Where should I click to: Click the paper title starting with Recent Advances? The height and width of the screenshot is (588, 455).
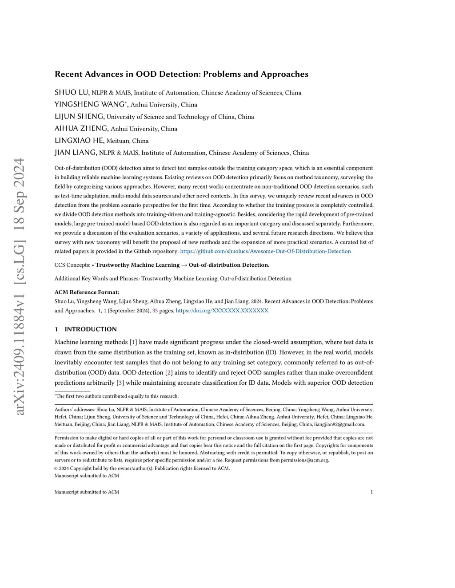(181, 74)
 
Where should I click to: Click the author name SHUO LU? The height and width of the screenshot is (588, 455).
(72, 92)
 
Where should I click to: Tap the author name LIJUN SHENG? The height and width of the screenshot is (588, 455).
(79, 116)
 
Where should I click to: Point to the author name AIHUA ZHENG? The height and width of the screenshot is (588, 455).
(81, 128)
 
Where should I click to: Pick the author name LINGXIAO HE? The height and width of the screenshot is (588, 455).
(79, 140)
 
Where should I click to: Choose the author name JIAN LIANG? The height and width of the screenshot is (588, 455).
(76, 152)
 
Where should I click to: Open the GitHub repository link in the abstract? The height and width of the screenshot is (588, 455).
(265, 251)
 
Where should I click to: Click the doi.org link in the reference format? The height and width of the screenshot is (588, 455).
(222, 311)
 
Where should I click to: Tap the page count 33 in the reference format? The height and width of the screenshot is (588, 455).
(155, 311)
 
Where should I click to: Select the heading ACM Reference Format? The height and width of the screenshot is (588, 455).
(87, 292)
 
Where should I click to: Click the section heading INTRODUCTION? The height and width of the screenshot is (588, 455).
(91, 329)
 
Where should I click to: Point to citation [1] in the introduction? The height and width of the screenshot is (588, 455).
(133, 342)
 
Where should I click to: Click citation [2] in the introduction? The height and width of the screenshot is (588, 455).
(169, 372)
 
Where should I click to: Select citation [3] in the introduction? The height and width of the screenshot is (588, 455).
(120, 383)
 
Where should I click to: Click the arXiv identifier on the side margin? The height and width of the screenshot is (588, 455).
(20, 286)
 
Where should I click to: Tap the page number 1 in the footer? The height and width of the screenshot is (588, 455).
(371, 492)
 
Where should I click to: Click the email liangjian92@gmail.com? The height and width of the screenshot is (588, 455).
(339, 424)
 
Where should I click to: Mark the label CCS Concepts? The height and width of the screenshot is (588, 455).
(72, 265)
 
